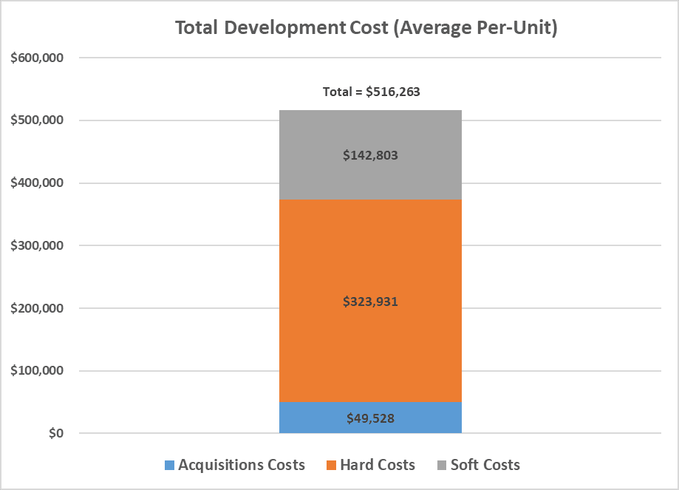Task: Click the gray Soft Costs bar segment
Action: [x=370, y=154]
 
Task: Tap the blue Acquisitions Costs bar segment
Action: [x=370, y=418]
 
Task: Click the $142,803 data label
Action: [x=370, y=155]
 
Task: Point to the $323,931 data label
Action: [x=370, y=301]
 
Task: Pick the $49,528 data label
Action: [x=370, y=418]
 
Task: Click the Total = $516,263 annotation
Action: [x=371, y=92]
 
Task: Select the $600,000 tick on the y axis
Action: [x=37, y=58]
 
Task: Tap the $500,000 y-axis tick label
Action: [x=37, y=120]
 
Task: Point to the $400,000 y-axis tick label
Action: [x=37, y=183]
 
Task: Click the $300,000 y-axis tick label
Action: [x=37, y=245]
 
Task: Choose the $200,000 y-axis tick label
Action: [x=37, y=308]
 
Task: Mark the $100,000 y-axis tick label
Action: [x=37, y=370]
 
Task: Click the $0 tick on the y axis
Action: [x=56, y=433]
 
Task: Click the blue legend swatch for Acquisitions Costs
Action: [x=169, y=466]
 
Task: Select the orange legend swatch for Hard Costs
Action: [x=331, y=466]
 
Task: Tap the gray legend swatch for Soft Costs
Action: [x=442, y=466]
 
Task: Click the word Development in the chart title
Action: [x=284, y=28]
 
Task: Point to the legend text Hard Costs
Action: [x=378, y=465]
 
